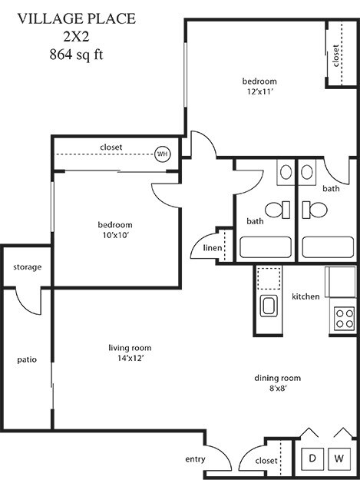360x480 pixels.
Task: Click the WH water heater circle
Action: tap(162, 154)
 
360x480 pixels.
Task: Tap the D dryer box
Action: tap(312, 458)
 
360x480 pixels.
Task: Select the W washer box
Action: tap(339, 458)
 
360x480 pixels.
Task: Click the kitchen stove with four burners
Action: tap(343, 318)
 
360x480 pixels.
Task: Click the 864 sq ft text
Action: tap(75, 54)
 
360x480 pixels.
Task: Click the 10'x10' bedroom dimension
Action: tap(114, 236)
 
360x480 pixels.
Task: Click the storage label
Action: tap(27, 267)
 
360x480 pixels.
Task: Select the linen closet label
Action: tap(213, 248)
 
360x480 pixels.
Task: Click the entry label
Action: tap(195, 459)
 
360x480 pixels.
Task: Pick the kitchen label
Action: tap(306, 296)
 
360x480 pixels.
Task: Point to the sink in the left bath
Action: tap(286, 171)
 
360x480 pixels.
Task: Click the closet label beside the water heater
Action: tap(111, 147)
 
